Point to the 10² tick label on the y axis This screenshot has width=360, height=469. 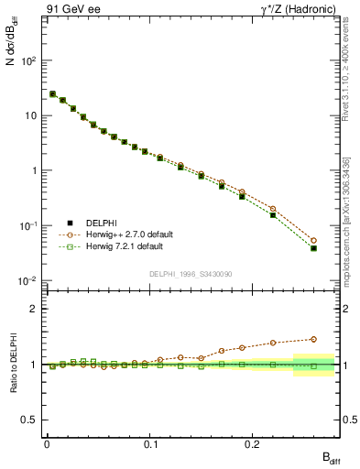(x=29, y=60)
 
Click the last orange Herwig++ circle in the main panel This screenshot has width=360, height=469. (x=313, y=241)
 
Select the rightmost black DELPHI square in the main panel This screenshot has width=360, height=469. (x=313, y=248)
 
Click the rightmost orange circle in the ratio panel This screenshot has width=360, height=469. (x=313, y=339)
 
